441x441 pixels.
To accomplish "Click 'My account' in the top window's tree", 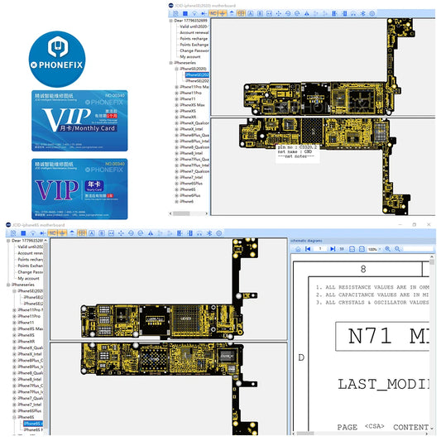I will (x=190, y=56).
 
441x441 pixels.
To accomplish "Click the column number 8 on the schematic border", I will (x=362, y=270).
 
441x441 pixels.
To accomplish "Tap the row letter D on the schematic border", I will (x=300, y=357).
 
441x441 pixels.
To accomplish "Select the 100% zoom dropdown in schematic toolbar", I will (x=374, y=248).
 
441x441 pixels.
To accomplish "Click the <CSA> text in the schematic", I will (x=374, y=427).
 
